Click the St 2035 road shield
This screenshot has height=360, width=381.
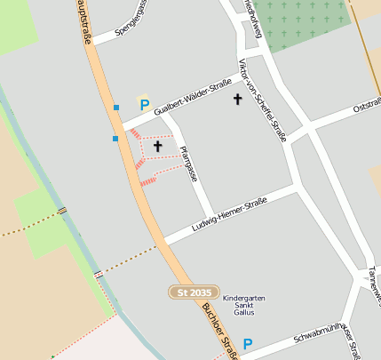195,292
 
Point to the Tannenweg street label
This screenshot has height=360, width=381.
372,284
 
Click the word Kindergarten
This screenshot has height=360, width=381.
243,299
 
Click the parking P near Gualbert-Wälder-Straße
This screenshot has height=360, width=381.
144,105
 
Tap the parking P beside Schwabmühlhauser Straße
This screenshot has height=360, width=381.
248,344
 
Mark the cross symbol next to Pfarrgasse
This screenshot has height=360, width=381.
158,145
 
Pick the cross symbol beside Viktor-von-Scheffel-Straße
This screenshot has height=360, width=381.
237,99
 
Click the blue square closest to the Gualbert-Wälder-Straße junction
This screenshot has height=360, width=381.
116,108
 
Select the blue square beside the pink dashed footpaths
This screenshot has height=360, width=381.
115,139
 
